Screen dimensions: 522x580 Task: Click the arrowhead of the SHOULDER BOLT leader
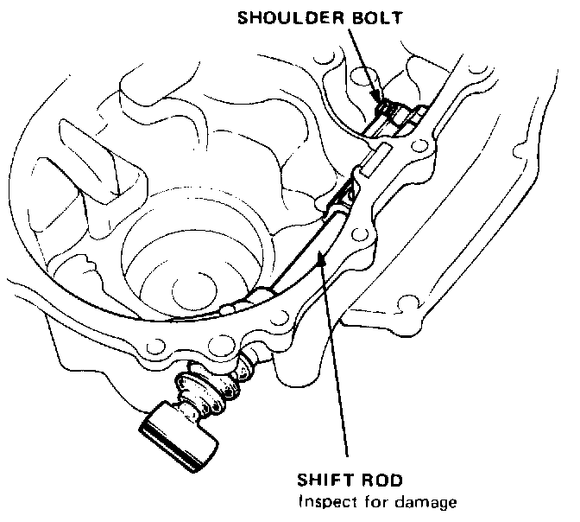click(x=378, y=97)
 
